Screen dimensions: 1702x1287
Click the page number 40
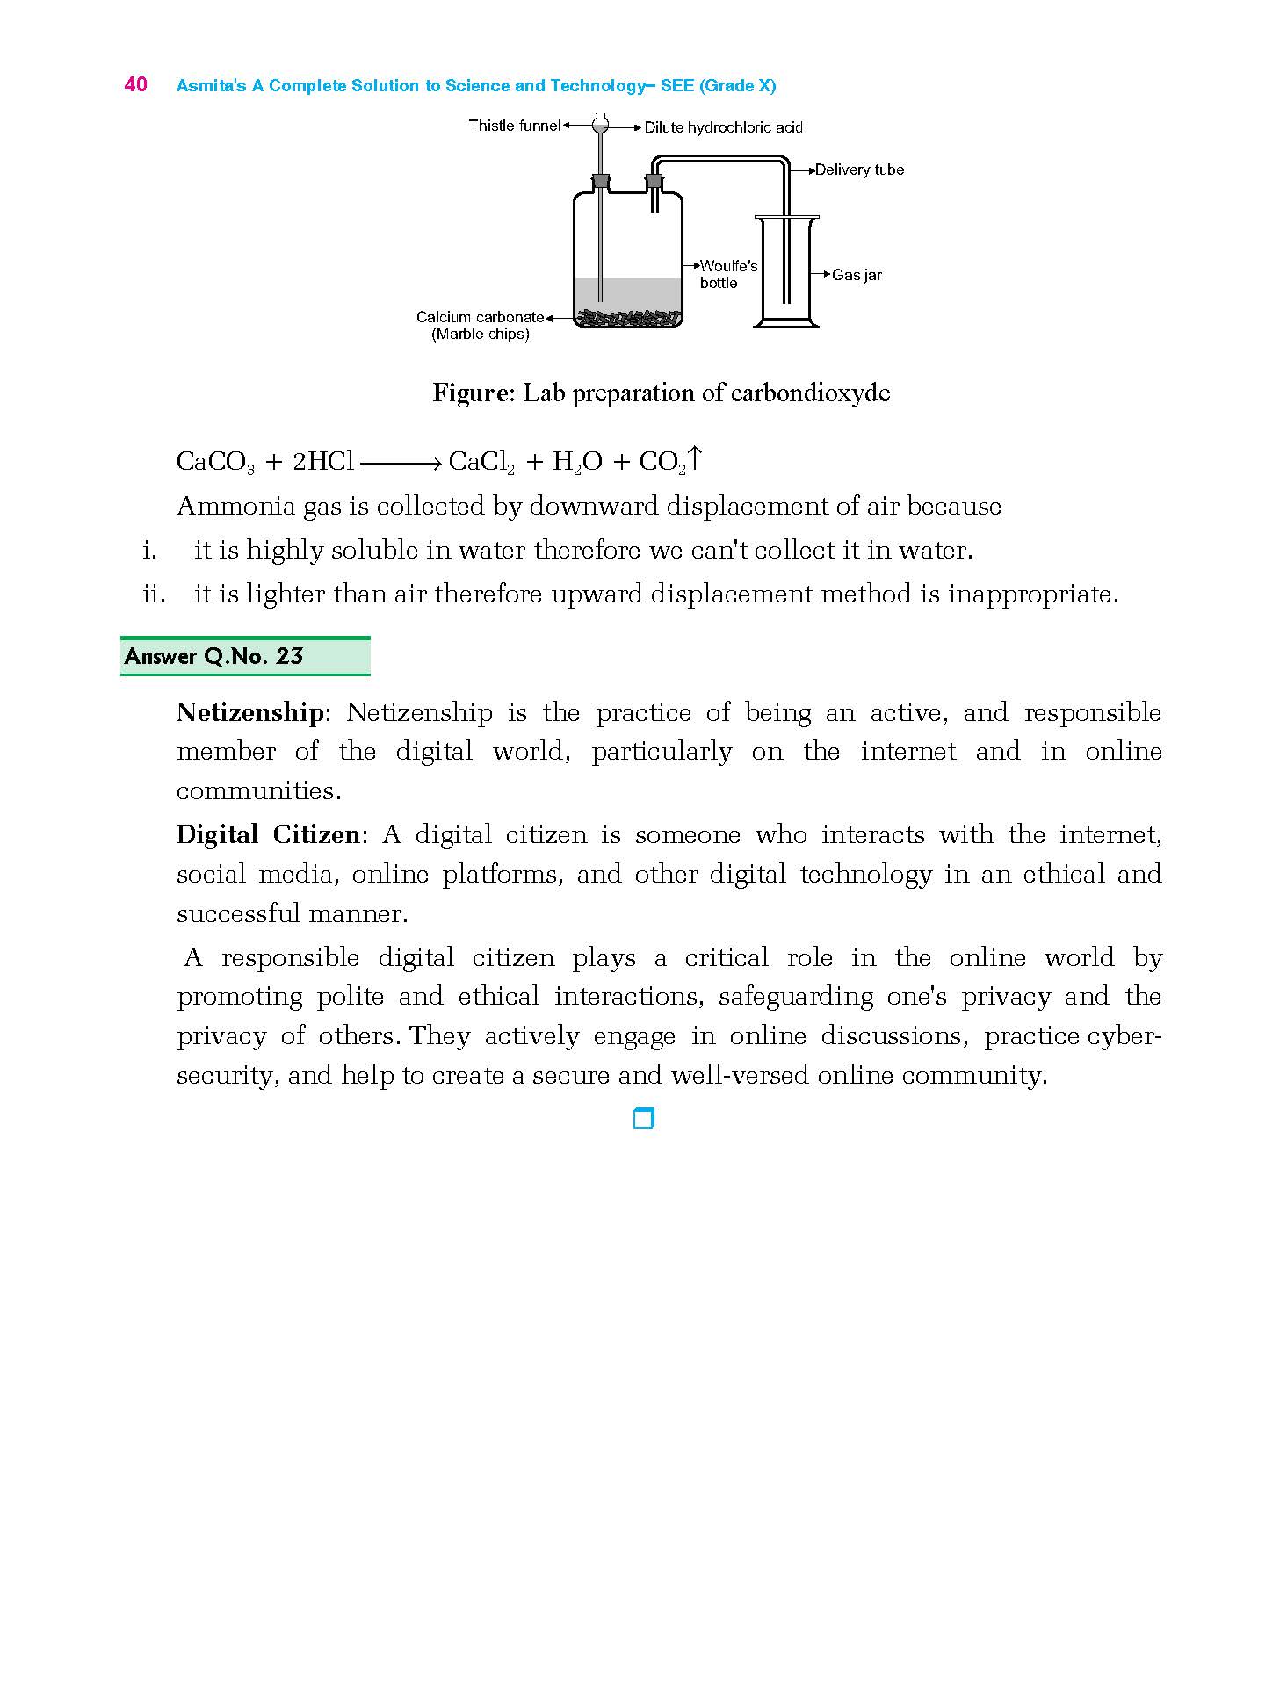(x=135, y=84)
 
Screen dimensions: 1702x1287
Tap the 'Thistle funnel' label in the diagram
(x=514, y=126)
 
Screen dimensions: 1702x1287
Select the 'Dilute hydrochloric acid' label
(x=723, y=127)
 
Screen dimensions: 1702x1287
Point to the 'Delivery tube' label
(x=858, y=169)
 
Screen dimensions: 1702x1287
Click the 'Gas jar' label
(x=857, y=275)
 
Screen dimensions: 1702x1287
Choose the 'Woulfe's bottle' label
(x=727, y=274)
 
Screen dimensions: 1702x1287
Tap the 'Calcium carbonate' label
(x=480, y=317)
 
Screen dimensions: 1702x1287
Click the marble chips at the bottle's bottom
(x=627, y=318)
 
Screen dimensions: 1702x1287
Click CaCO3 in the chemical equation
(x=215, y=462)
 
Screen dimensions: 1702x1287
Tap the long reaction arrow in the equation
(x=400, y=463)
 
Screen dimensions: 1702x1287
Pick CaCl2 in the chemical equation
(x=481, y=462)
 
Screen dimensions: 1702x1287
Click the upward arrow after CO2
(x=695, y=458)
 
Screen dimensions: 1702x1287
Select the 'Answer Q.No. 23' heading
(x=214, y=656)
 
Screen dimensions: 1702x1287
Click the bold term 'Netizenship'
(x=249, y=712)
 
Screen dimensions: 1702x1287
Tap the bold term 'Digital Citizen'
(x=268, y=834)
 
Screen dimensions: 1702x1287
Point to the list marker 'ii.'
(x=154, y=595)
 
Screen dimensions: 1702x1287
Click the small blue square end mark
(x=644, y=1118)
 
